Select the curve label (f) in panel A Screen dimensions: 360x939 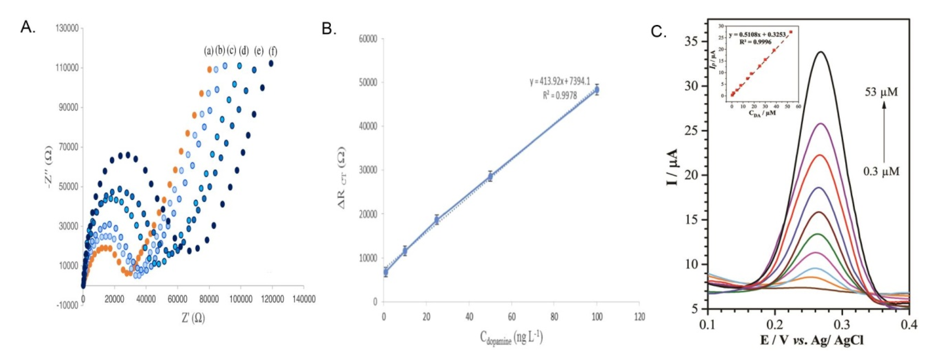[x=273, y=52]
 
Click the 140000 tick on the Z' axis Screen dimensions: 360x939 [x=303, y=299]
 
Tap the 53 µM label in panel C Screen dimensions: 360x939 [x=881, y=92]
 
